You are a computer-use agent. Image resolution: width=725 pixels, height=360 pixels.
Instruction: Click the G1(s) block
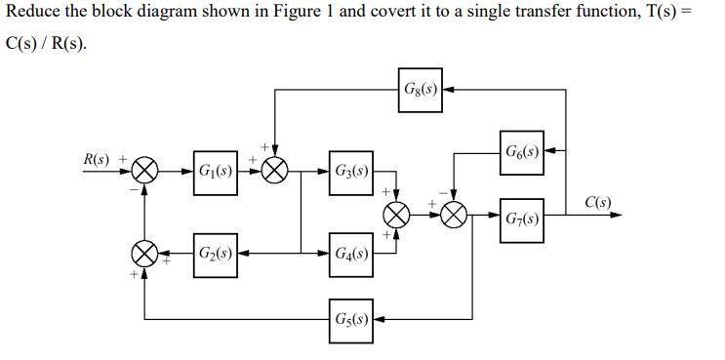[214, 173]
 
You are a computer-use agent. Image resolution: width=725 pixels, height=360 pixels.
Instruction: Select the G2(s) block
[214, 253]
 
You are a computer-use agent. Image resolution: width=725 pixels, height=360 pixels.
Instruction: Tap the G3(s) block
[350, 173]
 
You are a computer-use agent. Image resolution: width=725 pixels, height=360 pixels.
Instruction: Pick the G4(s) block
[350, 253]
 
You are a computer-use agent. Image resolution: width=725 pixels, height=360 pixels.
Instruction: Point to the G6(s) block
[522, 152]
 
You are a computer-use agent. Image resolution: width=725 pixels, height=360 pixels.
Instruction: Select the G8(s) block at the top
[420, 91]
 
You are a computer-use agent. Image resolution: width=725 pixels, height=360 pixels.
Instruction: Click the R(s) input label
[98, 158]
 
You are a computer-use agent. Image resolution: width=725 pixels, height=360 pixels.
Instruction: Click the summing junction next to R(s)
[145, 173]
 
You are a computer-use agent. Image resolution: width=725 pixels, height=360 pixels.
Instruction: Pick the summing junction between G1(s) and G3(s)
[274, 173]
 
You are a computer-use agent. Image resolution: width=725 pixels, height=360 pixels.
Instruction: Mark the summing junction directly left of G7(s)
[454, 214]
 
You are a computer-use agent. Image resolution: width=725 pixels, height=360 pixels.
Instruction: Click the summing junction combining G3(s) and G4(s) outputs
[397, 214]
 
